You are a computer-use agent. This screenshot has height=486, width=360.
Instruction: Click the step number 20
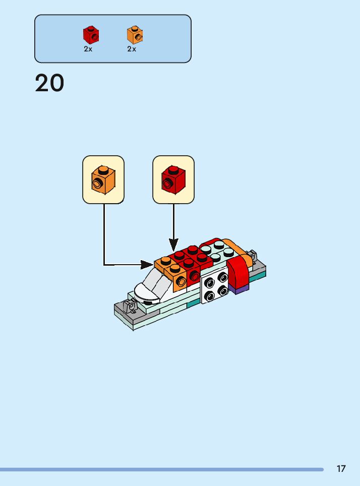49,83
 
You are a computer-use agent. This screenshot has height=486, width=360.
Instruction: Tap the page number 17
341,469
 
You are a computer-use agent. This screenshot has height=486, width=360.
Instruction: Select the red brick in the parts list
91,35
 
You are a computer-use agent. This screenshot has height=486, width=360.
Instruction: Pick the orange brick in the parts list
135,35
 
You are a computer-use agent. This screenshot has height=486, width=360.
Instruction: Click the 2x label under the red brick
88,49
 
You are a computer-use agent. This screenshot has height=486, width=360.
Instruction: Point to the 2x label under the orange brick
132,49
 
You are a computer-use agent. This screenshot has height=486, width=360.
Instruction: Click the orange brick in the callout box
103,179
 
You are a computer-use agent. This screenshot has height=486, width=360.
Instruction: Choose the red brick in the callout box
173,179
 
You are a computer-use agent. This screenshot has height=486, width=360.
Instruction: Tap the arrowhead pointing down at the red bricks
173,246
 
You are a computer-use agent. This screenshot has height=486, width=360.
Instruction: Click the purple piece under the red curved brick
239,289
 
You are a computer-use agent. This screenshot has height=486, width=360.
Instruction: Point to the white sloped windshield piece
151,286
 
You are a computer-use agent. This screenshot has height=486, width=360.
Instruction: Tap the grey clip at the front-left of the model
130,306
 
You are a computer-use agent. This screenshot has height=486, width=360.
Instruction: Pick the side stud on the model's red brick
194,276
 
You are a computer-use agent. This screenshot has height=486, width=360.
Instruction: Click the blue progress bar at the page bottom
161,469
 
